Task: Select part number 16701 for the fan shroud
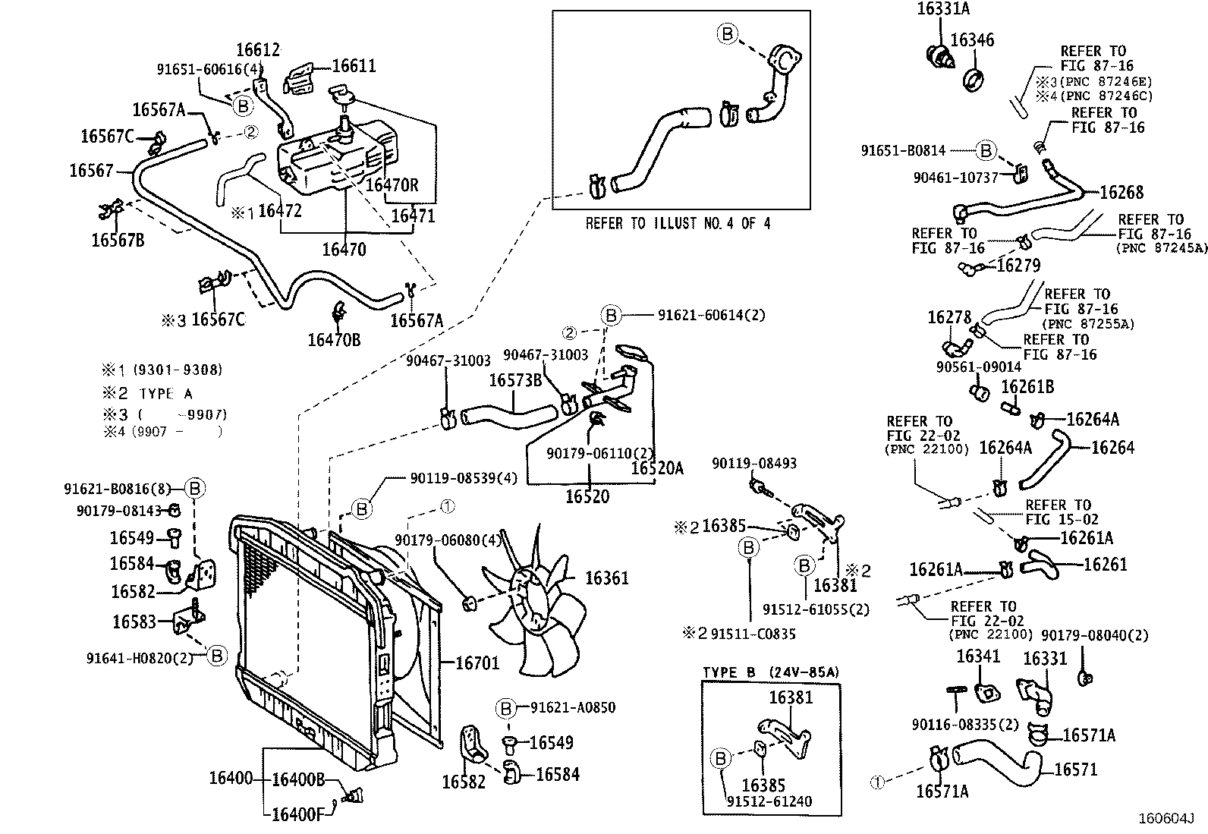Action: tap(477, 662)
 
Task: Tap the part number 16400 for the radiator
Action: tap(231, 779)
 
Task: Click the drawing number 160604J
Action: tap(1165, 819)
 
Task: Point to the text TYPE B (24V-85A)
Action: tap(770, 672)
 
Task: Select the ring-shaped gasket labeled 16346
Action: tap(973, 78)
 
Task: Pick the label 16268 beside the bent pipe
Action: tap(1121, 192)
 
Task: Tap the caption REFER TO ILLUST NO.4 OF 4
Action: tap(678, 224)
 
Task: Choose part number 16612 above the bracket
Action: tap(258, 50)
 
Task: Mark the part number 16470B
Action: tap(334, 339)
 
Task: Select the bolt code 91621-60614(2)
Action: tap(711, 315)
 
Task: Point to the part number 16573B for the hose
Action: tap(515, 379)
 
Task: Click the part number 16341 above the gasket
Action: tap(978, 656)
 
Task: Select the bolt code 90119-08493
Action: tap(754, 463)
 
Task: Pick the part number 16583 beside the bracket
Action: tap(134, 622)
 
